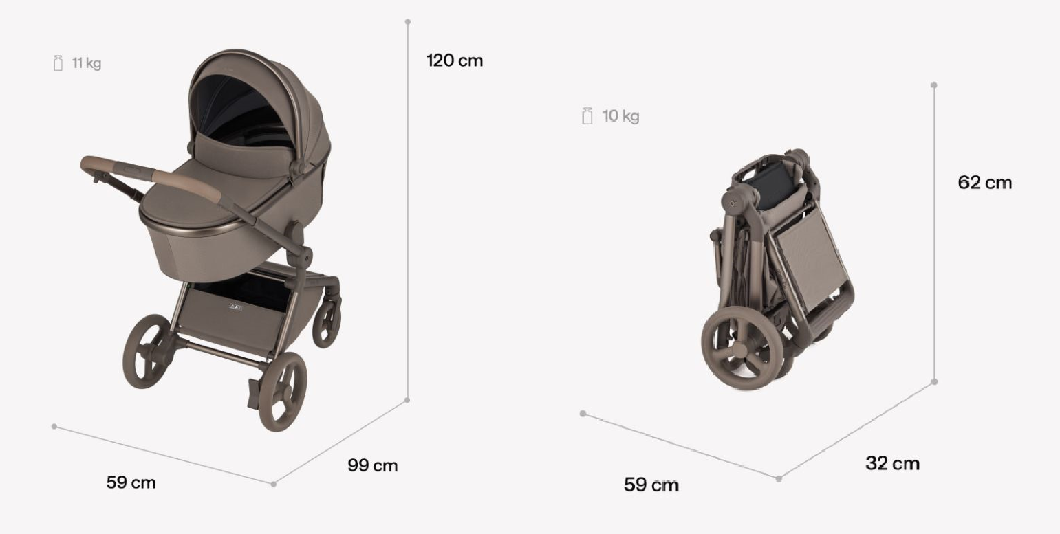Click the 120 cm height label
455,60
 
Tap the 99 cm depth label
373,465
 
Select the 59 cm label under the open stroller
131,482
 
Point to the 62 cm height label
985,183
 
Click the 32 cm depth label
893,463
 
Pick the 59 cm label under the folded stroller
651,485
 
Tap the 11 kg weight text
87,63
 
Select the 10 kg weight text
621,116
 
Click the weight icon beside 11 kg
58,63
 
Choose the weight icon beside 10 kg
587,116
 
